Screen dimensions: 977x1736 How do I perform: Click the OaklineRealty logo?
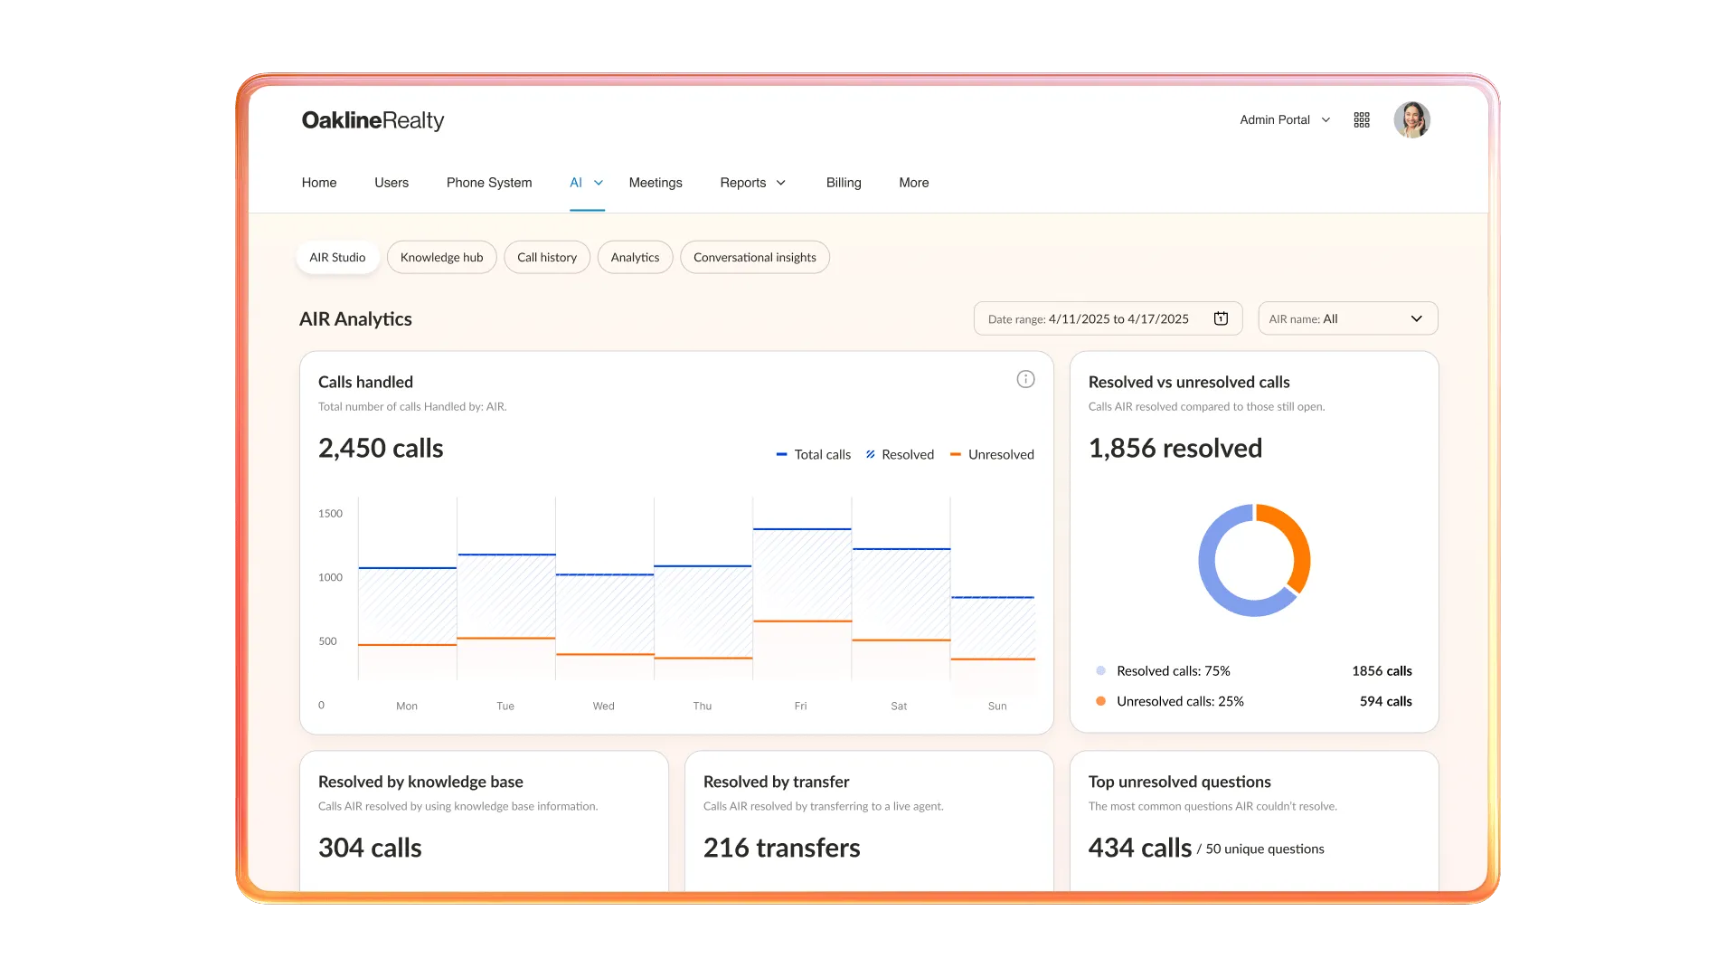[373, 120]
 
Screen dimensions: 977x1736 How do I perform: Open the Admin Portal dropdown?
[1285, 119]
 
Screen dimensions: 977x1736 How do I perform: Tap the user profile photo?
[1411, 119]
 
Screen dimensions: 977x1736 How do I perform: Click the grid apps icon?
[1362, 119]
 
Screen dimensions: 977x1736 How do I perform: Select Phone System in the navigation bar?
[489, 183]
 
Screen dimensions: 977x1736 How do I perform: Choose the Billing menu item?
[844, 183]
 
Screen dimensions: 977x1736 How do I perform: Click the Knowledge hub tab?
[441, 258]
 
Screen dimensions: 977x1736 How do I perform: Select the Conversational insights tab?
[754, 258]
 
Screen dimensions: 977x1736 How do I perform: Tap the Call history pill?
[547, 258]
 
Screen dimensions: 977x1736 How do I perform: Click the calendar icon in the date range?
[1221, 318]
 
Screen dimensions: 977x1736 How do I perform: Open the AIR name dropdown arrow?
[1417, 318]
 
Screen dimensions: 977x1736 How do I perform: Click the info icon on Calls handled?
[1025, 379]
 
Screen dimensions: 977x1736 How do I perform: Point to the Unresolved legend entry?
[992, 454]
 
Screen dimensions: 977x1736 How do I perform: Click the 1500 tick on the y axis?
[330, 513]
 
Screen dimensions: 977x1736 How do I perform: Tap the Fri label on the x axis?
[800, 706]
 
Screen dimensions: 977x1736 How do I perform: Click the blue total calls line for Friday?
[802, 528]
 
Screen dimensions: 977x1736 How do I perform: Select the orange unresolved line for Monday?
[407, 645]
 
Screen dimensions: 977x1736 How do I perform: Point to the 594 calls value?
[1385, 701]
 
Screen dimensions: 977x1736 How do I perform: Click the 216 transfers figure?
[781, 848]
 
